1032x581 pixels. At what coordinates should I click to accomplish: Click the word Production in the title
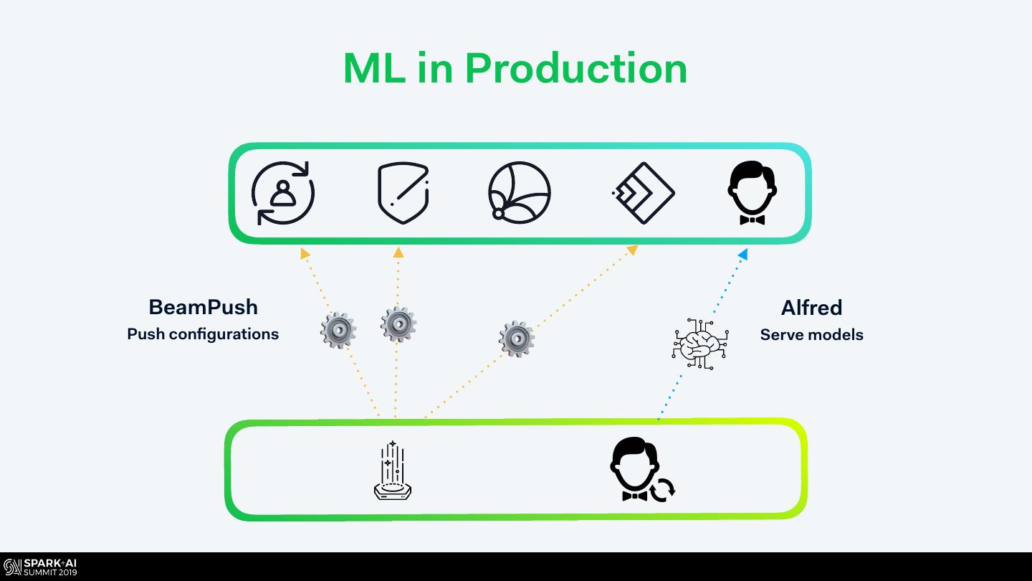[576, 68]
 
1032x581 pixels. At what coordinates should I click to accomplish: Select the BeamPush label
[204, 308]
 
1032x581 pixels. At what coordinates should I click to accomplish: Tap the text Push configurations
[203, 334]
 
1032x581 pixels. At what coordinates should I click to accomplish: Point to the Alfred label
[811, 308]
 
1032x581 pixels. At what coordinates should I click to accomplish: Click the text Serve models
[811, 335]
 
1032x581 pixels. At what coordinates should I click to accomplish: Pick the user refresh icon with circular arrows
[283, 193]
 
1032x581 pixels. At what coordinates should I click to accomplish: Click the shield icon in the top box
[403, 193]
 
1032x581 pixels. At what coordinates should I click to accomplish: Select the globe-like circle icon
[519, 193]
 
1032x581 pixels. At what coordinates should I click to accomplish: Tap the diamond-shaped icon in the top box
[644, 193]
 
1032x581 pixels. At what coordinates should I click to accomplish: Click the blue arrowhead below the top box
[742, 254]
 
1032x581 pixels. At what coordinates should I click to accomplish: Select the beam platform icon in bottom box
[393, 471]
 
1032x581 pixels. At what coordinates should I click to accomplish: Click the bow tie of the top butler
[752, 220]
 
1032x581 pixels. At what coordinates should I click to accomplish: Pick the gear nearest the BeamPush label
[338, 330]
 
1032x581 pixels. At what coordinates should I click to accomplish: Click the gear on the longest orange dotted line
[517, 339]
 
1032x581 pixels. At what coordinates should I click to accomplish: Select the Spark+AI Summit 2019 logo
[40, 567]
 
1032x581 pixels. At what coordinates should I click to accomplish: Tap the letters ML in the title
[375, 68]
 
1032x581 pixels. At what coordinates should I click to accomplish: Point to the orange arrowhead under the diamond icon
[633, 250]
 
